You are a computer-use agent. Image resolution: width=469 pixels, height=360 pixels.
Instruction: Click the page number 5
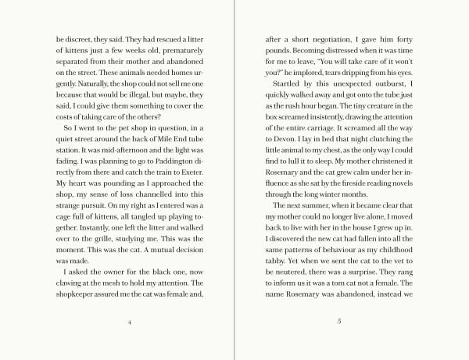pyautogui.click(x=339, y=321)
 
